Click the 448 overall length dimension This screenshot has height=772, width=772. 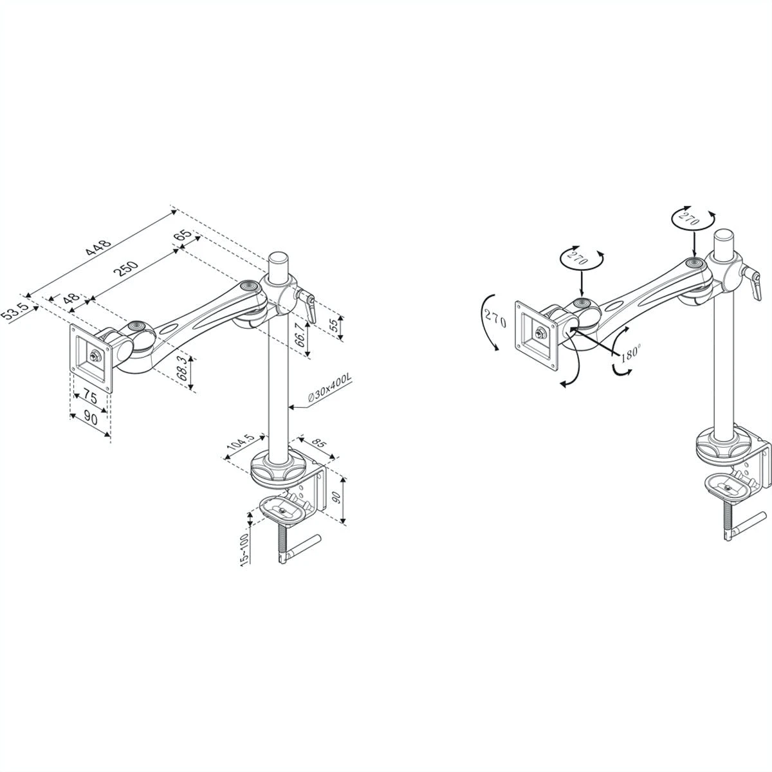click(98, 248)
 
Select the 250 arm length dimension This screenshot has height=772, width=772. click(126, 268)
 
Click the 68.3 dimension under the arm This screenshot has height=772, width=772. click(182, 368)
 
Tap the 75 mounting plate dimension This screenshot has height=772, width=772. click(90, 398)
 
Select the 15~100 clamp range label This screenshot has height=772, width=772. click(244, 549)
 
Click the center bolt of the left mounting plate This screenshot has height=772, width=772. click(95, 354)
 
